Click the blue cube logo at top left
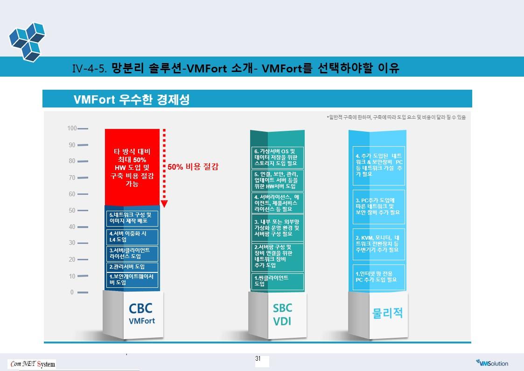[27, 42]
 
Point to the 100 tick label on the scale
[72, 128]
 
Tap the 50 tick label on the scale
[72, 210]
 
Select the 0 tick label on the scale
[72, 292]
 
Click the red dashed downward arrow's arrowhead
[164, 204]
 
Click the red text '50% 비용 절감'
[193, 167]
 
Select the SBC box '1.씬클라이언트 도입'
[277, 281]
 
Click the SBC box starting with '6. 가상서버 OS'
[277, 157]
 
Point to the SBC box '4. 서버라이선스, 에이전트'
[277, 203]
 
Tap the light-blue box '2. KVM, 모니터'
[378, 244]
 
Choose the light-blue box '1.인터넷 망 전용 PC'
[378, 277]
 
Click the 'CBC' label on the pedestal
[140, 308]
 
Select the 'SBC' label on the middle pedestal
[282, 308]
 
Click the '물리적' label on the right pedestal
[387, 313]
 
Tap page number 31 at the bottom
[258, 358]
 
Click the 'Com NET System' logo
[33, 364]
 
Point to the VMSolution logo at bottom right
[492, 363]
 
